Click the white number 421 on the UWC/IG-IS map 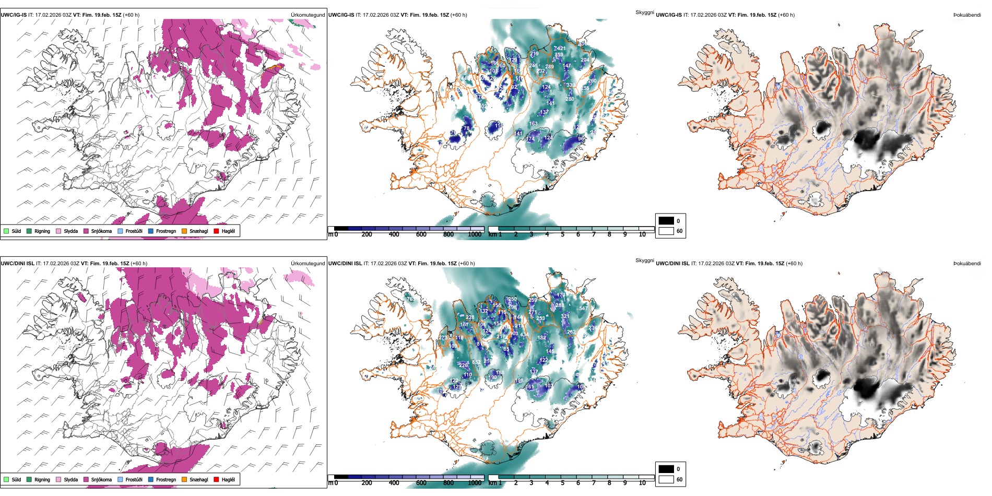tap(561, 49)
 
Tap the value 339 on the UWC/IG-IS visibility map tap(571, 85)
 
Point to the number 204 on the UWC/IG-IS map tap(585, 60)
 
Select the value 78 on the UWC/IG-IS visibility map tap(466, 128)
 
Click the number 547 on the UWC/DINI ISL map tap(583, 309)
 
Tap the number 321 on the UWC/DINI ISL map tap(565, 316)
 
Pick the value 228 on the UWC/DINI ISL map tap(470, 317)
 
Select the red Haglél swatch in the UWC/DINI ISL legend tap(216, 479)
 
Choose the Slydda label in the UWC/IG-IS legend tap(71, 231)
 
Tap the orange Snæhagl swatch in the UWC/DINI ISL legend tap(184, 479)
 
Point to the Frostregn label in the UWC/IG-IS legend tap(166, 231)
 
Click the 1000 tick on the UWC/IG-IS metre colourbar tap(475, 234)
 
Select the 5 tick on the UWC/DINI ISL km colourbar tap(562, 483)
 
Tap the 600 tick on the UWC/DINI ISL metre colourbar tap(421, 483)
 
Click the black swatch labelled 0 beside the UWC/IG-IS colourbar tap(666, 221)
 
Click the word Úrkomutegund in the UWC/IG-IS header tap(308, 15)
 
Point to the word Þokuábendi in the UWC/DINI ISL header tap(967, 264)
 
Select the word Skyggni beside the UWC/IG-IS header tap(644, 12)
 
